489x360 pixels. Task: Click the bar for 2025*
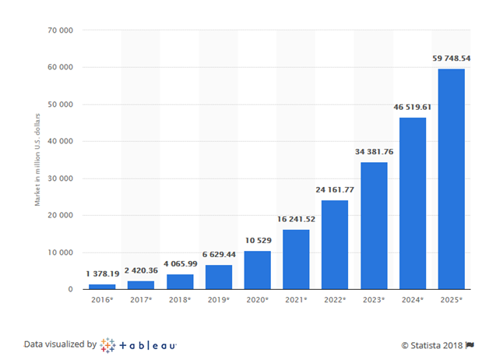452,179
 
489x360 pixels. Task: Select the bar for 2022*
335,245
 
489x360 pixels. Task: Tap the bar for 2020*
257,270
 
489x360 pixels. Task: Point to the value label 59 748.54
452,58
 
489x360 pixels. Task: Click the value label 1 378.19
101,275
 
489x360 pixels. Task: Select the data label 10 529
257,241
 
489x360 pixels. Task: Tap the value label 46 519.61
413,107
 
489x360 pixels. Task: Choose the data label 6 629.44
218,255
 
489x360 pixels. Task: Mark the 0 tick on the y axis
70,290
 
